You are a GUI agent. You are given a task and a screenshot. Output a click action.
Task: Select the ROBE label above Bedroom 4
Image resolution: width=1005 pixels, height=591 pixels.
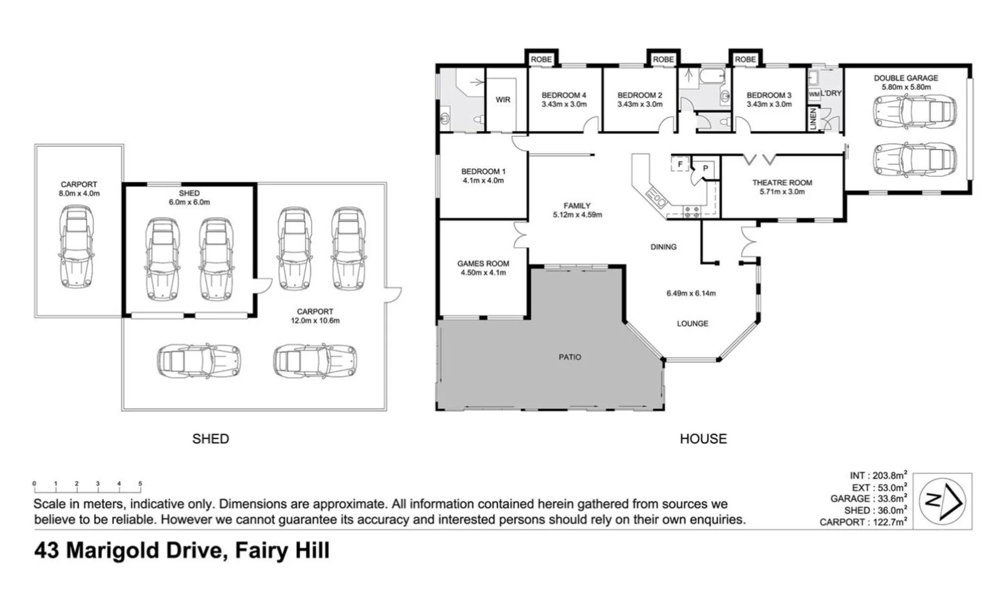[541, 59]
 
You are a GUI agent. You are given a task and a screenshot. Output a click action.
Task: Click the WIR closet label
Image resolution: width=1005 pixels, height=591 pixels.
[503, 100]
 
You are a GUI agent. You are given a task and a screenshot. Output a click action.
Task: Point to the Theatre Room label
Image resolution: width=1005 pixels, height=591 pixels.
[782, 183]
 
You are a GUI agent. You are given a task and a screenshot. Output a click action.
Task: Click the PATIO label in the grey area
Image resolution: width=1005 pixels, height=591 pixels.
[570, 357]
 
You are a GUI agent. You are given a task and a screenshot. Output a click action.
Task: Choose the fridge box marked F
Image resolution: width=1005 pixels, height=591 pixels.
[680, 164]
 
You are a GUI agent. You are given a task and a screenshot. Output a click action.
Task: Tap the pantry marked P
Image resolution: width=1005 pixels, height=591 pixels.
[705, 169]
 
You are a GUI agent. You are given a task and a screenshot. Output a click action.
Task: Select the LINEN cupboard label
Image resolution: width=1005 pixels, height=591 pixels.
[813, 119]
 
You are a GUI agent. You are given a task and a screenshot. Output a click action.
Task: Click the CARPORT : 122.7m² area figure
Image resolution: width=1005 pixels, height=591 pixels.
[863, 522]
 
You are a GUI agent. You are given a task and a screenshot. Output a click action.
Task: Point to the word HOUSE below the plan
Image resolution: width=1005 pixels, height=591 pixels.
[703, 439]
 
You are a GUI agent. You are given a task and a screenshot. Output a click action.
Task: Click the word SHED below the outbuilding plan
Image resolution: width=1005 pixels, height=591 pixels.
[211, 439]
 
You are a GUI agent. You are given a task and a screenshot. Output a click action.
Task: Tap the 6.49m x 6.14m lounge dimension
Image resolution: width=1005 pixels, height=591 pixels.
[691, 293]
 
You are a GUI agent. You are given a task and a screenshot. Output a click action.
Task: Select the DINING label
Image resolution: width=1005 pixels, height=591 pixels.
[663, 247]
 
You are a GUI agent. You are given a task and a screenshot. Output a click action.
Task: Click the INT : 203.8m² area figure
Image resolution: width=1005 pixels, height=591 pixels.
[878, 476]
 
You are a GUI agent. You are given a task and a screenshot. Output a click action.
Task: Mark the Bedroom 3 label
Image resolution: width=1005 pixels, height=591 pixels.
[769, 95]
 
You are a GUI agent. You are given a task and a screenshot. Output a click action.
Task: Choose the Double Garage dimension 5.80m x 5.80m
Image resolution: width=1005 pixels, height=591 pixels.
[905, 87]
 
